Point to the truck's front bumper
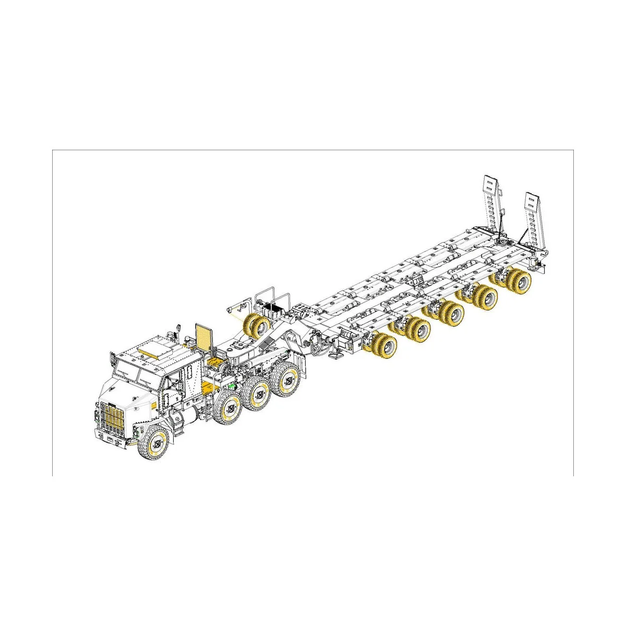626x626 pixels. coord(112,438)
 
